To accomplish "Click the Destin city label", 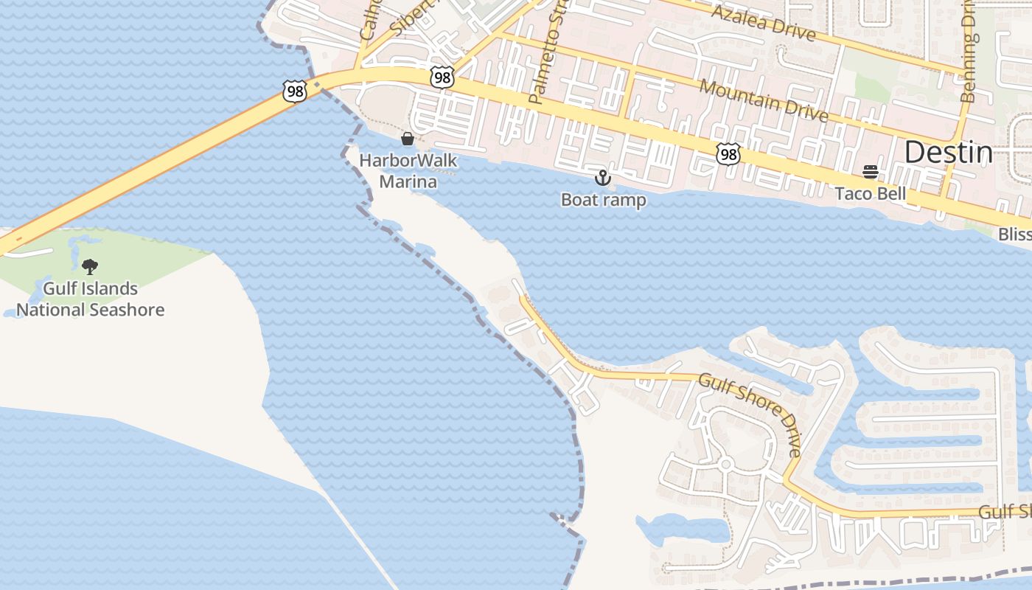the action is tap(948, 152).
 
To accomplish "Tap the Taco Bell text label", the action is tap(870, 194).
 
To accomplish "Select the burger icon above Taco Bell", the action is tap(870, 173).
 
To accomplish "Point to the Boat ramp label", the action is tap(603, 200).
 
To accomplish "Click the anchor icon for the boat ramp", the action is tap(603, 178).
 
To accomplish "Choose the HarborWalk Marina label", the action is tap(408, 171).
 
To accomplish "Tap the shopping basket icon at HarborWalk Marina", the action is tap(407, 139).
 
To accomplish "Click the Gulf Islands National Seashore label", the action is tap(90, 299).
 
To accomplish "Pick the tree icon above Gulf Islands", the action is tap(90, 266).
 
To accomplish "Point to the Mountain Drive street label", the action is tap(764, 101).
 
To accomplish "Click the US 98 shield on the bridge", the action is tap(294, 91).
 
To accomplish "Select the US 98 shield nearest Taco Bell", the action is tap(728, 153).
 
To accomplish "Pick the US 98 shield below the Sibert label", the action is tap(442, 77).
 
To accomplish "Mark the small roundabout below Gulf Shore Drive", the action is tap(725, 465).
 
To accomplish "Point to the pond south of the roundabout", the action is tap(682, 528).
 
